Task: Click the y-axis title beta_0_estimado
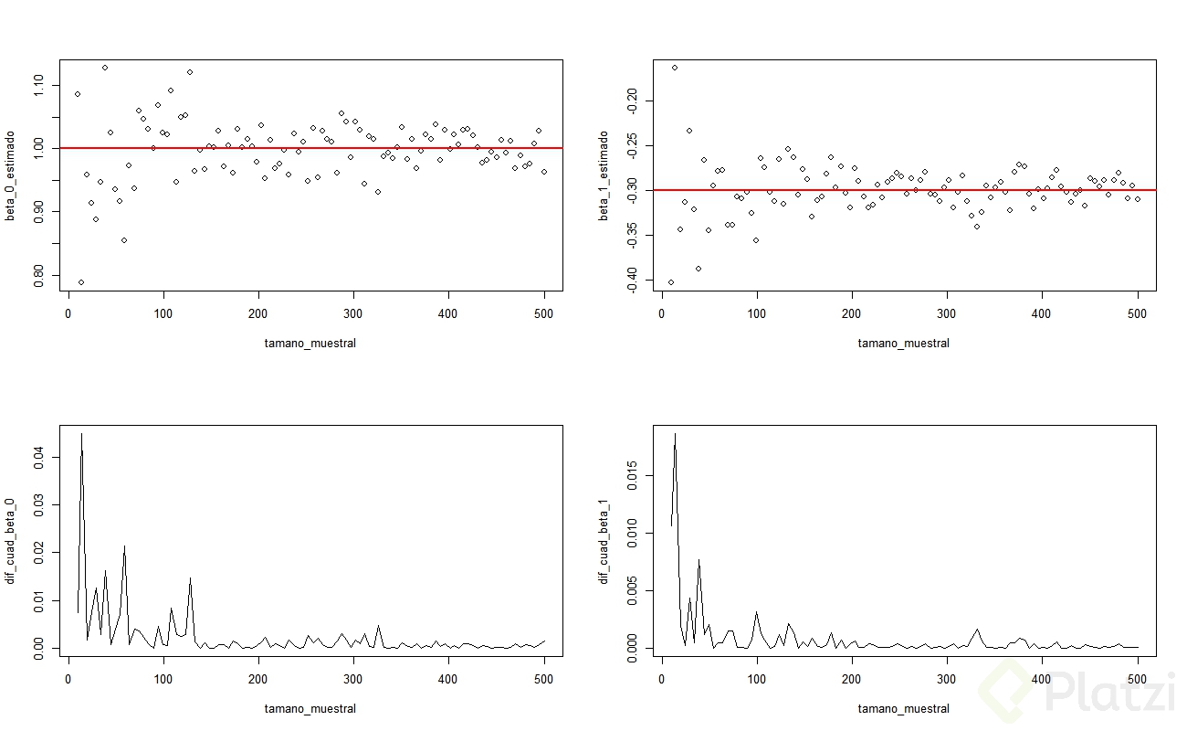pos(12,176)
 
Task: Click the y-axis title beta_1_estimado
pos(605,176)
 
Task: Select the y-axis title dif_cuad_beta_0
pos(12,541)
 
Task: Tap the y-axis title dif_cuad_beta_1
pos(605,541)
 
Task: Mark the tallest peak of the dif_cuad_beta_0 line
pos(81,434)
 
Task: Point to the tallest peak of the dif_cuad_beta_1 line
pos(675,434)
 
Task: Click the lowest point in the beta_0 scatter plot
pos(81,282)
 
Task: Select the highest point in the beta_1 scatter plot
pos(675,68)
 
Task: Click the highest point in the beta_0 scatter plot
pos(105,68)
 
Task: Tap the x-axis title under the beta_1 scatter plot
pos(903,344)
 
